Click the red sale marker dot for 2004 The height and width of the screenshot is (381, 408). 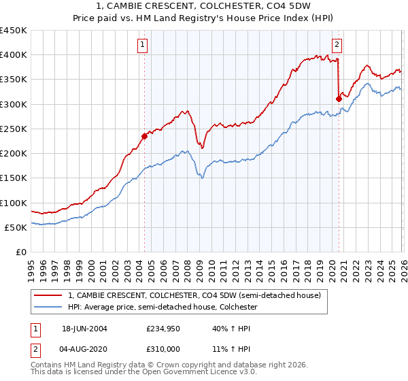click(144, 136)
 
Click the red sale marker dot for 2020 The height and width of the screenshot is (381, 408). click(338, 99)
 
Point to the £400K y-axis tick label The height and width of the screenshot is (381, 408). click(14, 55)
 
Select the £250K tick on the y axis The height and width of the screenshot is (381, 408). click(14, 129)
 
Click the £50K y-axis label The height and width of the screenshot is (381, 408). click(16, 227)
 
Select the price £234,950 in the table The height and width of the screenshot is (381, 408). click(162, 328)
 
